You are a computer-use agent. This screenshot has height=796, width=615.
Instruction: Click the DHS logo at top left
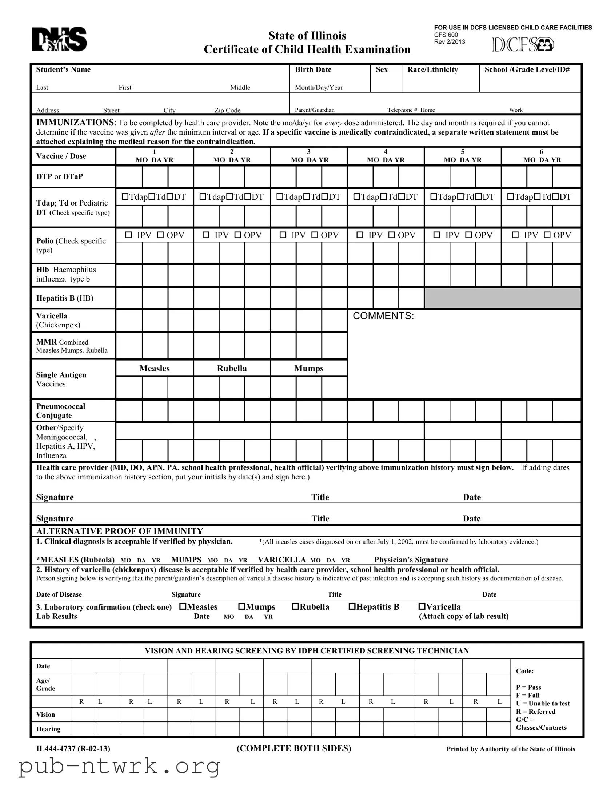point(59,39)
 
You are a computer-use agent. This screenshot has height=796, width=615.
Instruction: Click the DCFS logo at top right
point(523,45)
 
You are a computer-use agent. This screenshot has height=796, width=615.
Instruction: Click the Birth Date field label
point(313,69)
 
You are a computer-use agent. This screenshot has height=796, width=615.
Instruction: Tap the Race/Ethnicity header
point(432,69)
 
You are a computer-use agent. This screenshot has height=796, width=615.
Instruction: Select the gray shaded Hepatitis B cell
point(502,298)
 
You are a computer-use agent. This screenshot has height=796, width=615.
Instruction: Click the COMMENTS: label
point(383,316)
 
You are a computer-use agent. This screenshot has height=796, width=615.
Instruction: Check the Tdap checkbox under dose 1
point(125,197)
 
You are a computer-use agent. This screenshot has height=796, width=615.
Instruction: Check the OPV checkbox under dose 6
point(547,235)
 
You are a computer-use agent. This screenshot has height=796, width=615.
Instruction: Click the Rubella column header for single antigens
point(232,368)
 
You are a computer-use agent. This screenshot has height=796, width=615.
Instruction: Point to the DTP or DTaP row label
point(59,176)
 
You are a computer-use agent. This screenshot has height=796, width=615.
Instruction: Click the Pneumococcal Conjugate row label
point(60,411)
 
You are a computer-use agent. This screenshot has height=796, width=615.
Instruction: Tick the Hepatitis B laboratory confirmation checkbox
point(352,606)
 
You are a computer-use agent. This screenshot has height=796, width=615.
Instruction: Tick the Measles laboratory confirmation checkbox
point(183,606)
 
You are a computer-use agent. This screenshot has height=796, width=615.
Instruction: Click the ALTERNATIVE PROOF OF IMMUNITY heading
point(120,531)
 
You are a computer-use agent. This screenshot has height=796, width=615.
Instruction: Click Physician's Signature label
point(411,560)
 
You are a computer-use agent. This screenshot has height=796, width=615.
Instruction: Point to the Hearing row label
point(48,729)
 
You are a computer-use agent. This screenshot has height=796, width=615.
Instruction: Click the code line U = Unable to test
point(543,703)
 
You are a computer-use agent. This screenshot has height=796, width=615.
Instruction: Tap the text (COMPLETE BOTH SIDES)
point(293,748)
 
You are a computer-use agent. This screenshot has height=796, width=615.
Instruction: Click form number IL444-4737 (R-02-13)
point(73,749)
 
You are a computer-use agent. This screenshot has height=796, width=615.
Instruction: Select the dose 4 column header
point(386,156)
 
